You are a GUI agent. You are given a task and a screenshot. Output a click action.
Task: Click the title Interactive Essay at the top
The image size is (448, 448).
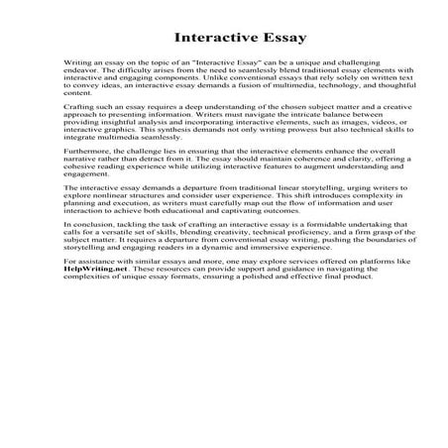(x=223, y=38)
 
